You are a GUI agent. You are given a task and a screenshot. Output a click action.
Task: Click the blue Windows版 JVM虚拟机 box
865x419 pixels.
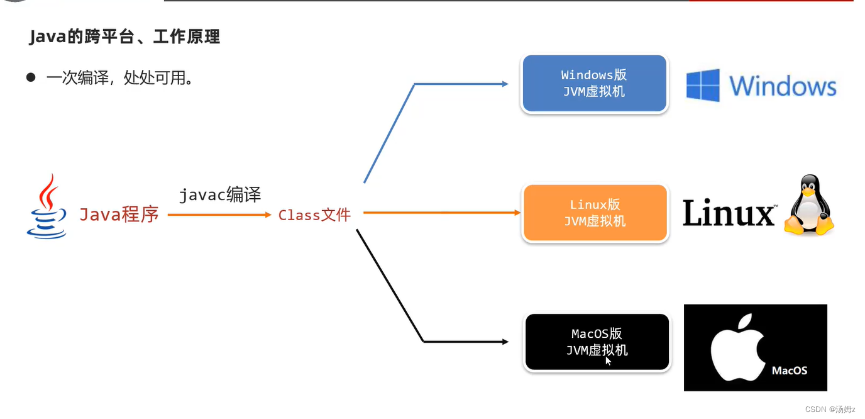pyautogui.click(x=594, y=83)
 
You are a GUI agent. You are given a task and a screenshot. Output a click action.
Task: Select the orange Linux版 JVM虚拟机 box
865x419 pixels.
pyautogui.click(x=595, y=213)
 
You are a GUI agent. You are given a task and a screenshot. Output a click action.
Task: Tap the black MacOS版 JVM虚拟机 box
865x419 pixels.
pyautogui.click(x=597, y=342)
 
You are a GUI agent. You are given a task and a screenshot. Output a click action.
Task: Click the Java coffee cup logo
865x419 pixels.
pyautogui.click(x=47, y=207)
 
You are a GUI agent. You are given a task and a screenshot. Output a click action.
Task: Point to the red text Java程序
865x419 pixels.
pyautogui.click(x=119, y=215)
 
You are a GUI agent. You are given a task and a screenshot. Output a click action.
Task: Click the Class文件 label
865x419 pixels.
pyautogui.click(x=314, y=215)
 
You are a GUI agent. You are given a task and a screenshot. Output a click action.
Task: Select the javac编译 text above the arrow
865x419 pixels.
pyautogui.click(x=220, y=195)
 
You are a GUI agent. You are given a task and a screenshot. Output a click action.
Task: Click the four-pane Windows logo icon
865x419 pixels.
pyautogui.click(x=702, y=86)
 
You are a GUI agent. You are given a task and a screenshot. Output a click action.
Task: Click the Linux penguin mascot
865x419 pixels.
pyautogui.click(x=808, y=206)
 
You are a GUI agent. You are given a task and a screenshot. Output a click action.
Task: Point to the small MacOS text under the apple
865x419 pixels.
pyautogui.click(x=789, y=371)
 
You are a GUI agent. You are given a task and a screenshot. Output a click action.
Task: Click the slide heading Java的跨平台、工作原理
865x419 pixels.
pyautogui.click(x=124, y=37)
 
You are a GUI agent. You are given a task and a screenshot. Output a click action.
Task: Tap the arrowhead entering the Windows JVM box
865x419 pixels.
pyautogui.click(x=504, y=84)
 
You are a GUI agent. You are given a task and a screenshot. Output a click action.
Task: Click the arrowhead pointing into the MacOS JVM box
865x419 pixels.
pyautogui.click(x=504, y=342)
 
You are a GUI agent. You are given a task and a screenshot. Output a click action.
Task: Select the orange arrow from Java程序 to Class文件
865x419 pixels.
pyautogui.click(x=219, y=215)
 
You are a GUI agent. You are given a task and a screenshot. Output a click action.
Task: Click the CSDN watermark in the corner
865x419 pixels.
pyautogui.click(x=830, y=409)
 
